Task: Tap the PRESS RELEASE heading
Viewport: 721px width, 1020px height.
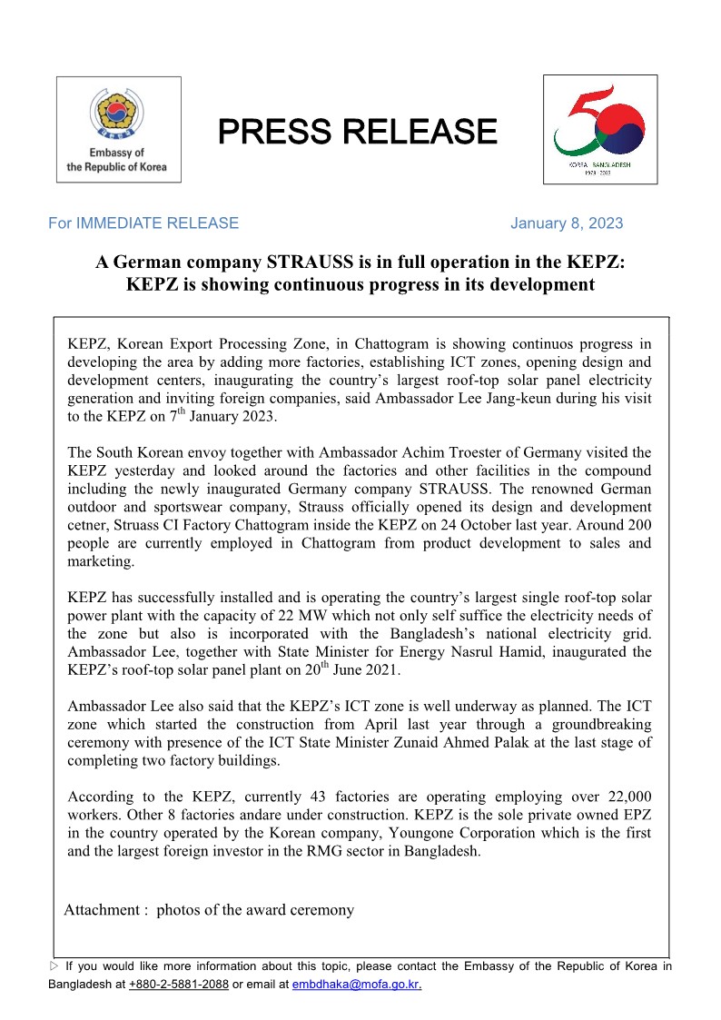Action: point(357,132)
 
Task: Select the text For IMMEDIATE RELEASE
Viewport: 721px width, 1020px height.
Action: point(143,223)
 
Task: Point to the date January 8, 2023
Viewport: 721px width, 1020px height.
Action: point(567,223)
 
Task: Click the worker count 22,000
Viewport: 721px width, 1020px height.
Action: point(624,795)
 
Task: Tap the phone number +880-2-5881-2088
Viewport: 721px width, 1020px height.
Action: point(178,985)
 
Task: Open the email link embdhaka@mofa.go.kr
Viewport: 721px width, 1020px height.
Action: point(356,985)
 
